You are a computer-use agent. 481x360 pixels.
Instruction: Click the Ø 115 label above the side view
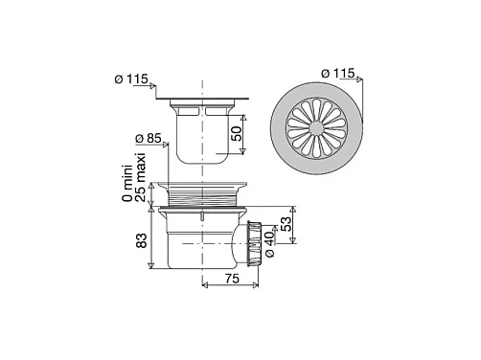point(131,79)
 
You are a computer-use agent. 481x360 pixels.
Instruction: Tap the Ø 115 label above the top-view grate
point(338,74)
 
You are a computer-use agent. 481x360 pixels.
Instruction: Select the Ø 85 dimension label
point(149,139)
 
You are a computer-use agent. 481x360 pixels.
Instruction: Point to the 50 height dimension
point(237,134)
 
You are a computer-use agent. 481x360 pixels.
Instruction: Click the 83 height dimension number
point(141,241)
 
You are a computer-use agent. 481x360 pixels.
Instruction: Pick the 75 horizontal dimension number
point(232,279)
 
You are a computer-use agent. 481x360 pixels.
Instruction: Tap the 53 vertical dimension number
point(286,225)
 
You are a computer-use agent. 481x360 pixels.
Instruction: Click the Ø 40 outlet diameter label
point(270,244)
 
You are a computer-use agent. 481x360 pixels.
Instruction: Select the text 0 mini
point(127,183)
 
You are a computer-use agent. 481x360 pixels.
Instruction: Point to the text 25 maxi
point(141,177)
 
